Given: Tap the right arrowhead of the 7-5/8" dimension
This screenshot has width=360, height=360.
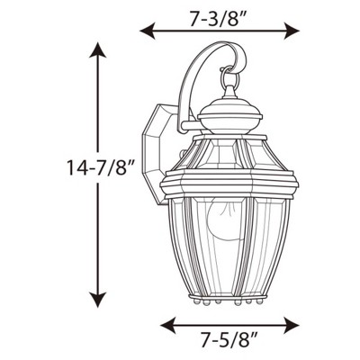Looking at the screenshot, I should tap(295, 321).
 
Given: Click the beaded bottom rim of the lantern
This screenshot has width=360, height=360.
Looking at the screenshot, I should tap(230, 301).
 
